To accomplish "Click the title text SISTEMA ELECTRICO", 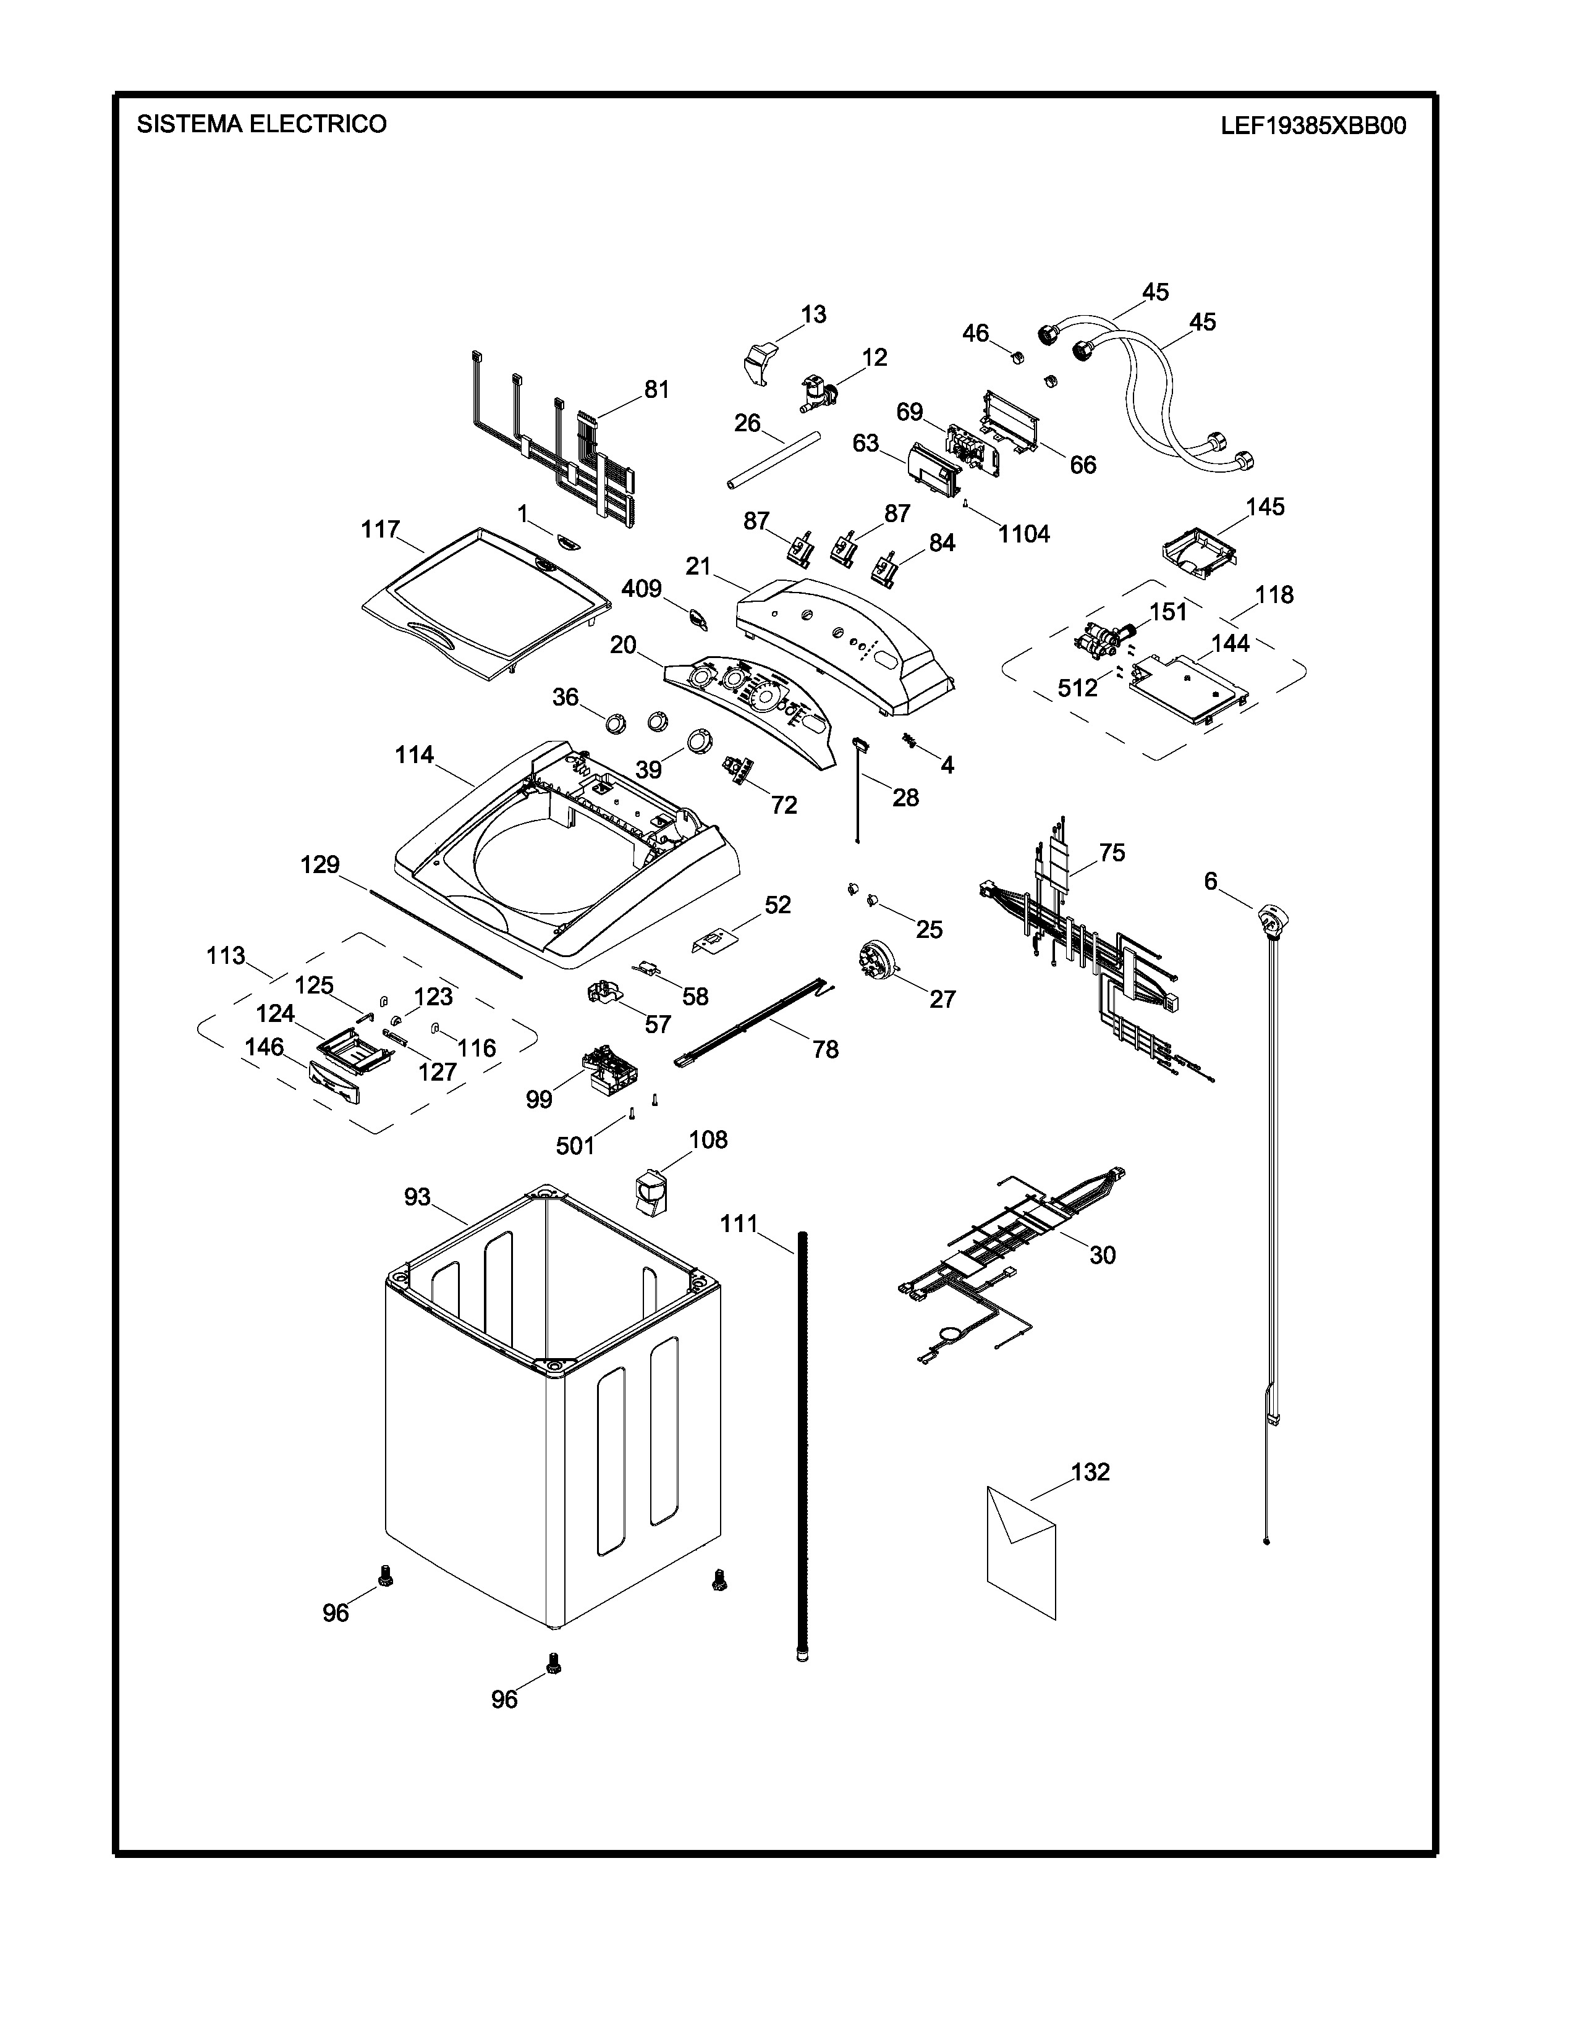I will (261, 124).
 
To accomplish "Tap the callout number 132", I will (1090, 1472).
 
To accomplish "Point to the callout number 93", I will (417, 1197).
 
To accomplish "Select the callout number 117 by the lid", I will (381, 530).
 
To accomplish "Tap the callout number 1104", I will (1024, 535).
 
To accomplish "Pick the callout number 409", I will (642, 589).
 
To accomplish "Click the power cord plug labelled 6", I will (1270, 919).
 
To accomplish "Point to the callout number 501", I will (575, 1146).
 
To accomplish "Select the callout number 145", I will (1265, 507).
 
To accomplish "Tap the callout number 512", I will (1077, 688).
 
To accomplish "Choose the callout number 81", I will (658, 389).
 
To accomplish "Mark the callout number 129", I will (320, 866).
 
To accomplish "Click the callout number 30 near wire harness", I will (1103, 1256).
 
